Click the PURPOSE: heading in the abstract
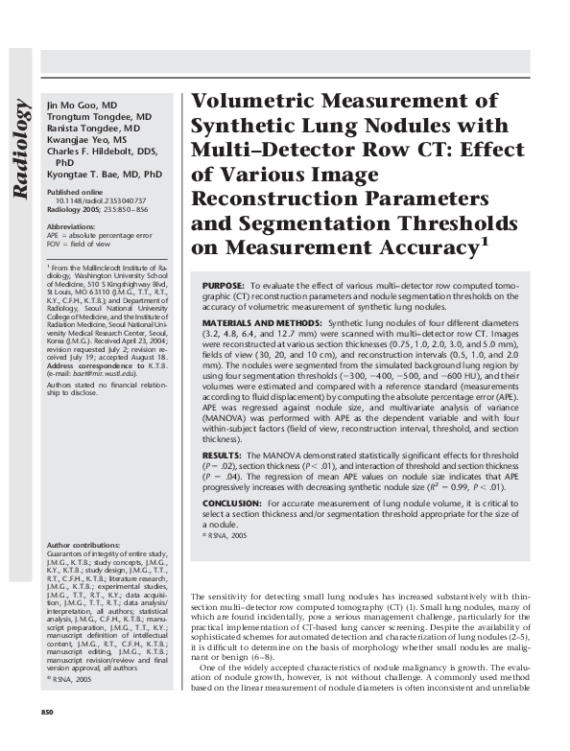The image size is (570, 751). tap(224, 287)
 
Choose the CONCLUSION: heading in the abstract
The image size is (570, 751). tap(233, 502)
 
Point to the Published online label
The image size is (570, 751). tap(77, 193)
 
